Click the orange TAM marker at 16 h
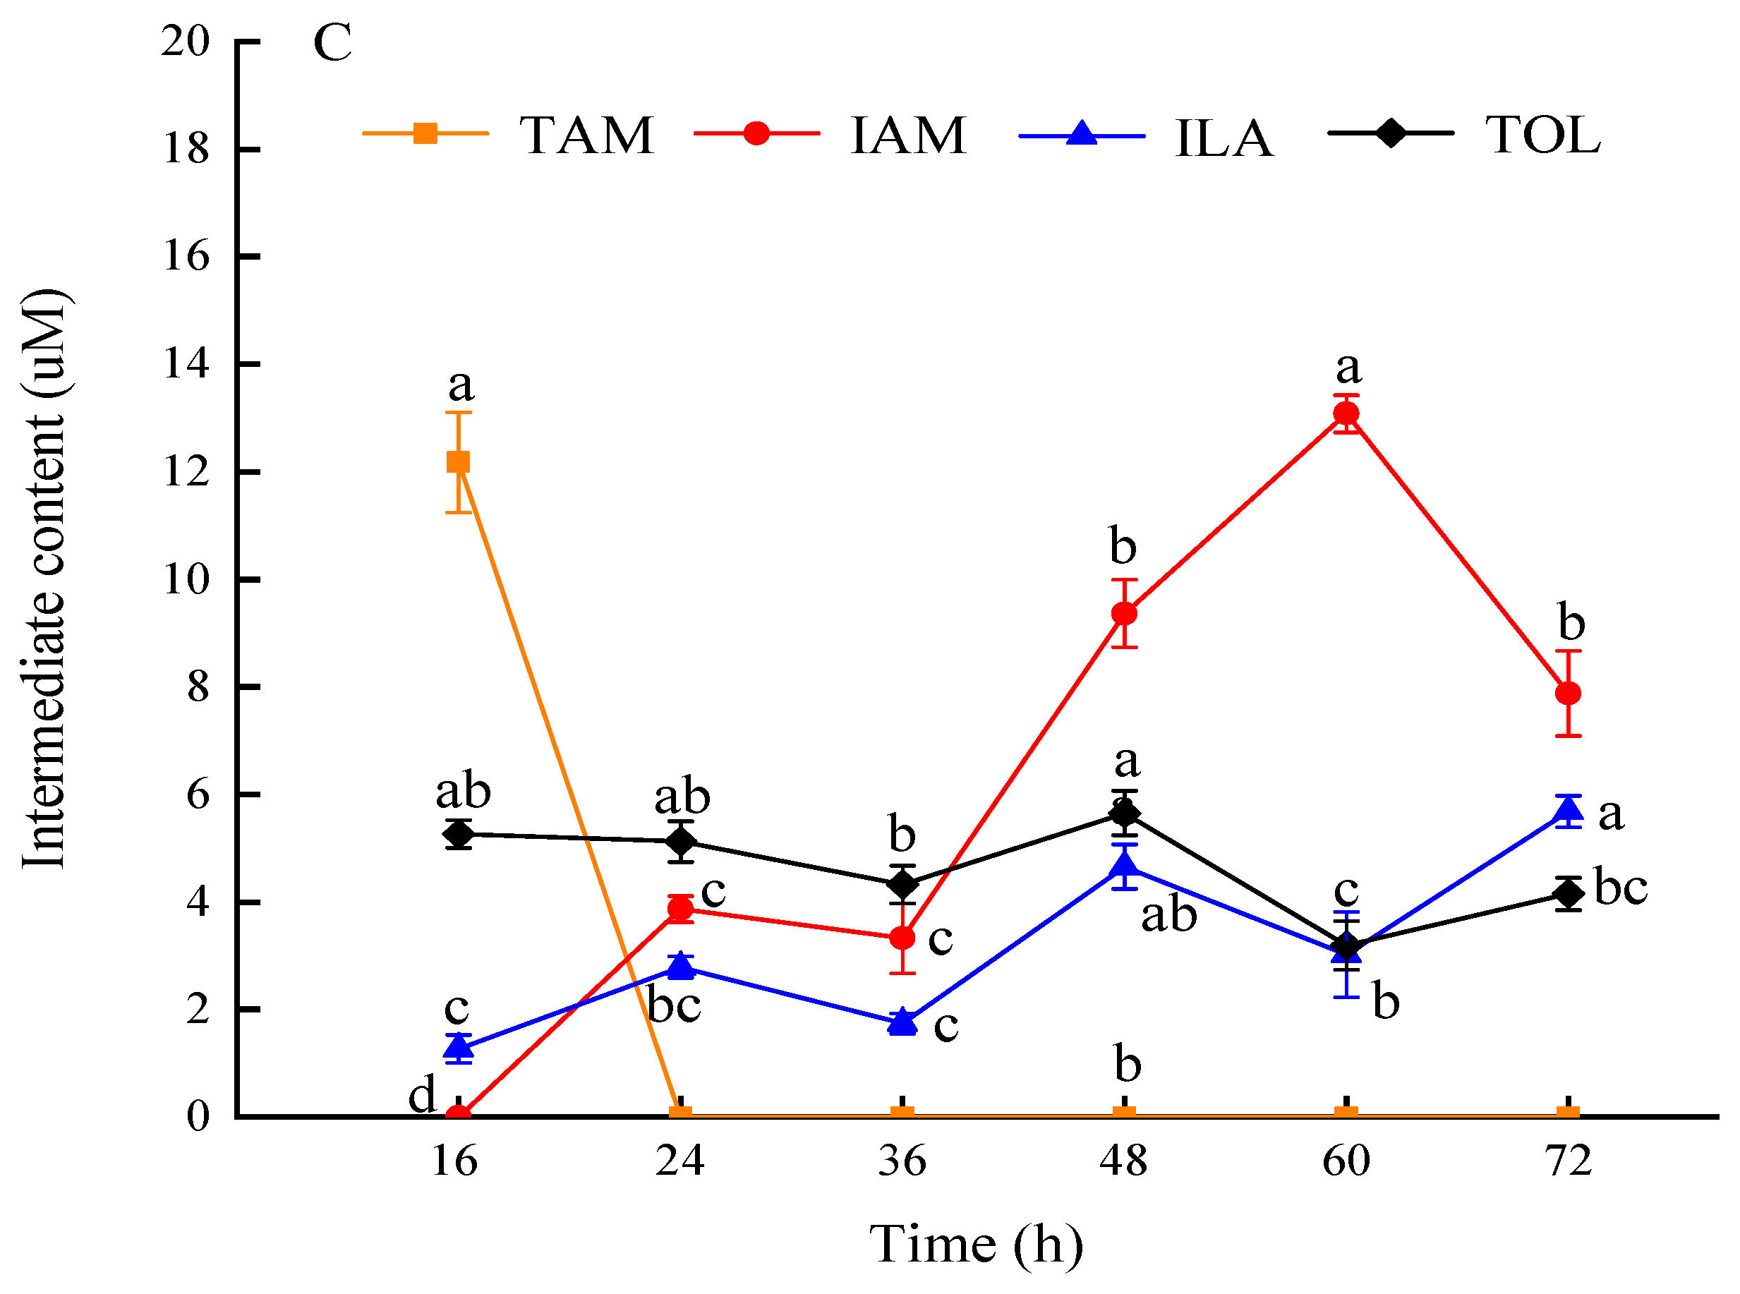coord(459,462)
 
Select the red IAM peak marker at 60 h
coord(1346,413)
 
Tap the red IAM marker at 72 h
coord(1568,693)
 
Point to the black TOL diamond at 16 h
coord(459,834)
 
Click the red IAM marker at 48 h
coord(1124,613)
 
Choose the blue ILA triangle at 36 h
coord(902,1022)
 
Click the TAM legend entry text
coord(586,135)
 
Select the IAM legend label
coord(908,135)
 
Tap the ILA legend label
coord(1224,138)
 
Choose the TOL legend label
coord(1542,135)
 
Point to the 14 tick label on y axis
coord(186,363)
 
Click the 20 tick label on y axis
coord(186,41)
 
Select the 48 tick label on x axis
coord(1123,1161)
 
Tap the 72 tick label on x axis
coord(1568,1161)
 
